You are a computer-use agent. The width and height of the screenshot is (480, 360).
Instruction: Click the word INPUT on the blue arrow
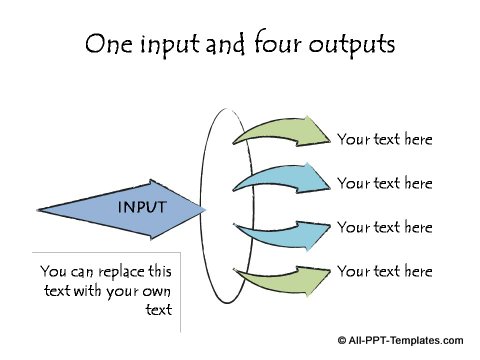click(x=142, y=207)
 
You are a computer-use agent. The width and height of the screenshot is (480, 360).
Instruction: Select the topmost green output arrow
click(x=280, y=133)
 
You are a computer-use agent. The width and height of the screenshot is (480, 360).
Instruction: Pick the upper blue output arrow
click(x=280, y=179)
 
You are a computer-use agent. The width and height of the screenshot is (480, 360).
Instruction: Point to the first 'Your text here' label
click(x=384, y=139)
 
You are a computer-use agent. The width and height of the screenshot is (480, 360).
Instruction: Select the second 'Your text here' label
click(x=384, y=183)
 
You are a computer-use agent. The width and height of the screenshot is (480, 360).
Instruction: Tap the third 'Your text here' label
click(x=384, y=227)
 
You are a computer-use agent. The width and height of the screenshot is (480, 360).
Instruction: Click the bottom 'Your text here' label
click(x=384, y=271)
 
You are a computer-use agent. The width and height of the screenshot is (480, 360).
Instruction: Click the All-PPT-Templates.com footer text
click(x=406, y=340)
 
